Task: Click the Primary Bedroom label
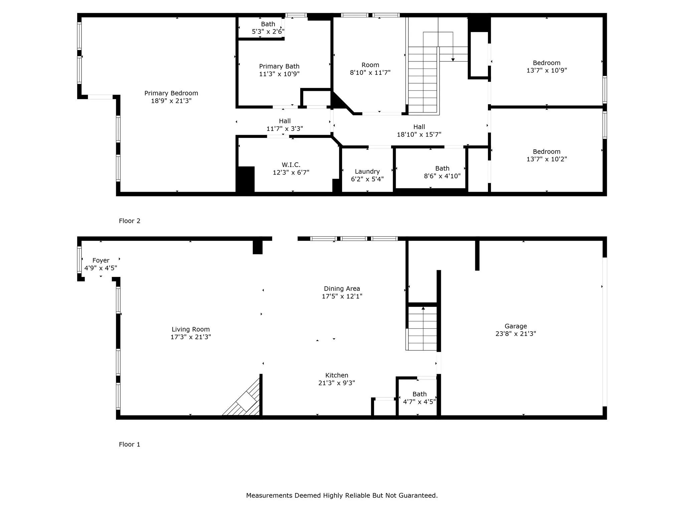(x=171, y=93)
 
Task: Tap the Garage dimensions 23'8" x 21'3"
(x=516, y=334)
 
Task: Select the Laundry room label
(x=367, y=172)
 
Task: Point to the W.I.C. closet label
(x=291, y=165)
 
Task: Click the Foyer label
(x=101, y=261)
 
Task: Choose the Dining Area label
(x=342, y=289)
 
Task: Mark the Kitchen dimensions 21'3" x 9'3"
(x=336, y=383)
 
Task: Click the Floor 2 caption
(x=130, y=221)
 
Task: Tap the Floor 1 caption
(x=130, y=444)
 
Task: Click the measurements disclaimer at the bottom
(x=342, y=496)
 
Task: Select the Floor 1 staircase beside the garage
(x=422, y=329)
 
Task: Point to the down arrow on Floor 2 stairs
(x=453, y=59)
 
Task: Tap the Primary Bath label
(x=279, y=66)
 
